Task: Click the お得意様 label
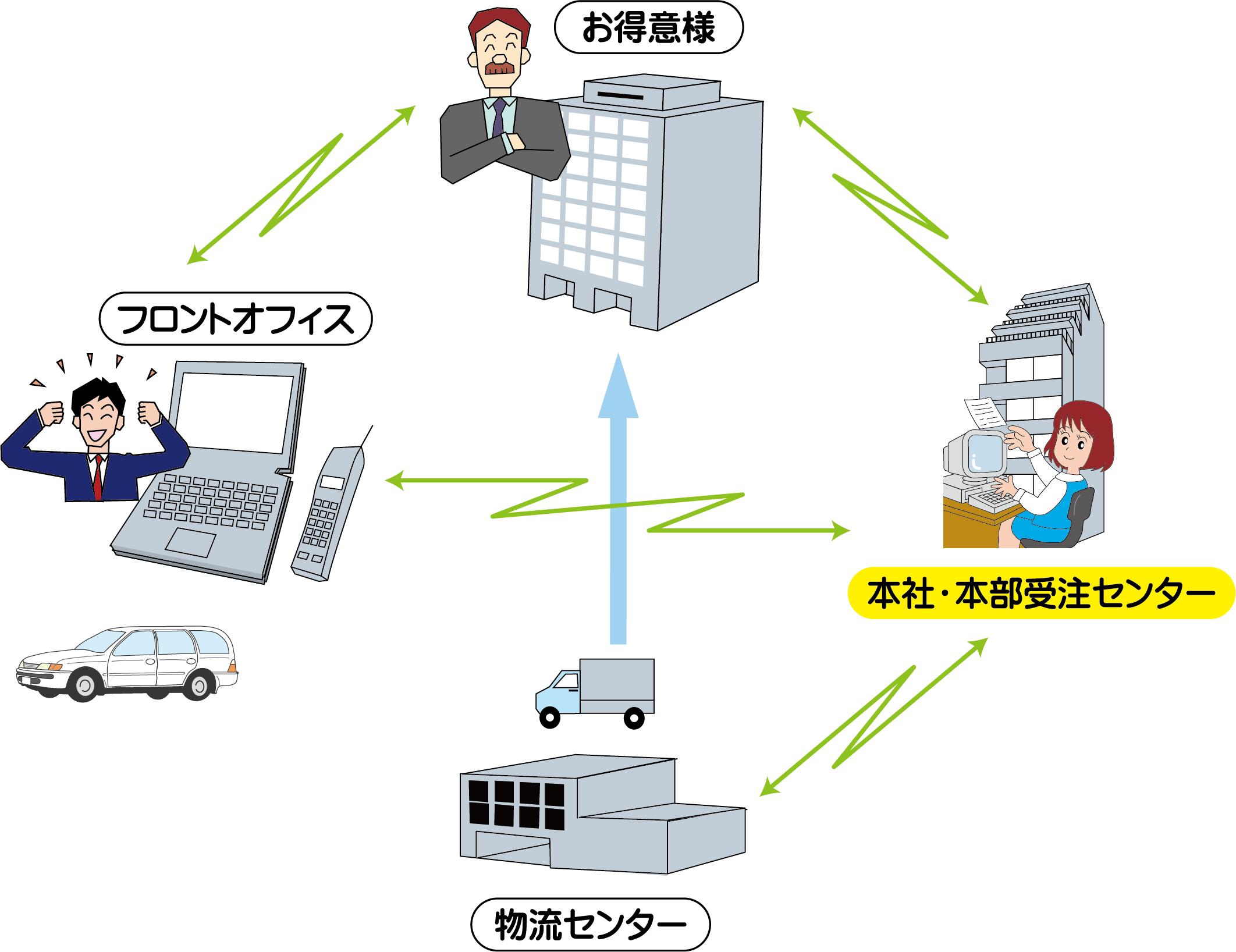(x=648, y=27)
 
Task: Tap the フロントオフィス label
(x=235, y=319)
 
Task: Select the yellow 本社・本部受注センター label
(x=1040, y=593)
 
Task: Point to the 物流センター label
(x=589, y=925)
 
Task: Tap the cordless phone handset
(x=328, y=512)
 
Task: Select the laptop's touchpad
(x=190, y=542)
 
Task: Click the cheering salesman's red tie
(x=98, y=477)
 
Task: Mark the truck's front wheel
(x=549, y=717)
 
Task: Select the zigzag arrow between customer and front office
(x=301, y=185)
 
